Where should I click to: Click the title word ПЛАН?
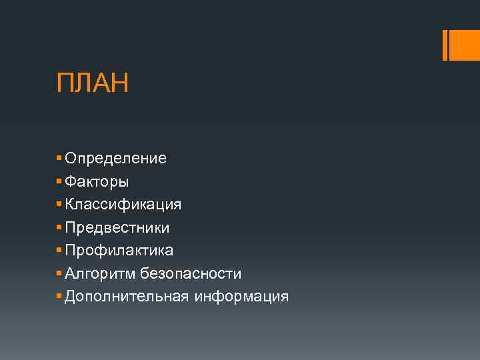[93, 84]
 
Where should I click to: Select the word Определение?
[115, 159]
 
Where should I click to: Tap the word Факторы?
[97, 181]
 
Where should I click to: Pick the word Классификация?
[123, 204]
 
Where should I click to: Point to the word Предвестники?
[117, 227]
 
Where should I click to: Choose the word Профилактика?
[119, 251]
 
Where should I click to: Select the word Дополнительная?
[127, 296]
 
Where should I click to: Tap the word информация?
[241, 296]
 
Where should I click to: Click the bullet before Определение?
[59, 159]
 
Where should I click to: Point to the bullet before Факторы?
[59, 181]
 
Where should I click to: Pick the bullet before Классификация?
[59, 204]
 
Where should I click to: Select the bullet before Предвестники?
[59, 227]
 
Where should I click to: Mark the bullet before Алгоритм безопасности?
[59, 273]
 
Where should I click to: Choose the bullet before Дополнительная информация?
[59, 296]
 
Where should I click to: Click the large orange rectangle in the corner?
[465, 45]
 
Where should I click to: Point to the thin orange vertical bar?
[445, 45]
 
